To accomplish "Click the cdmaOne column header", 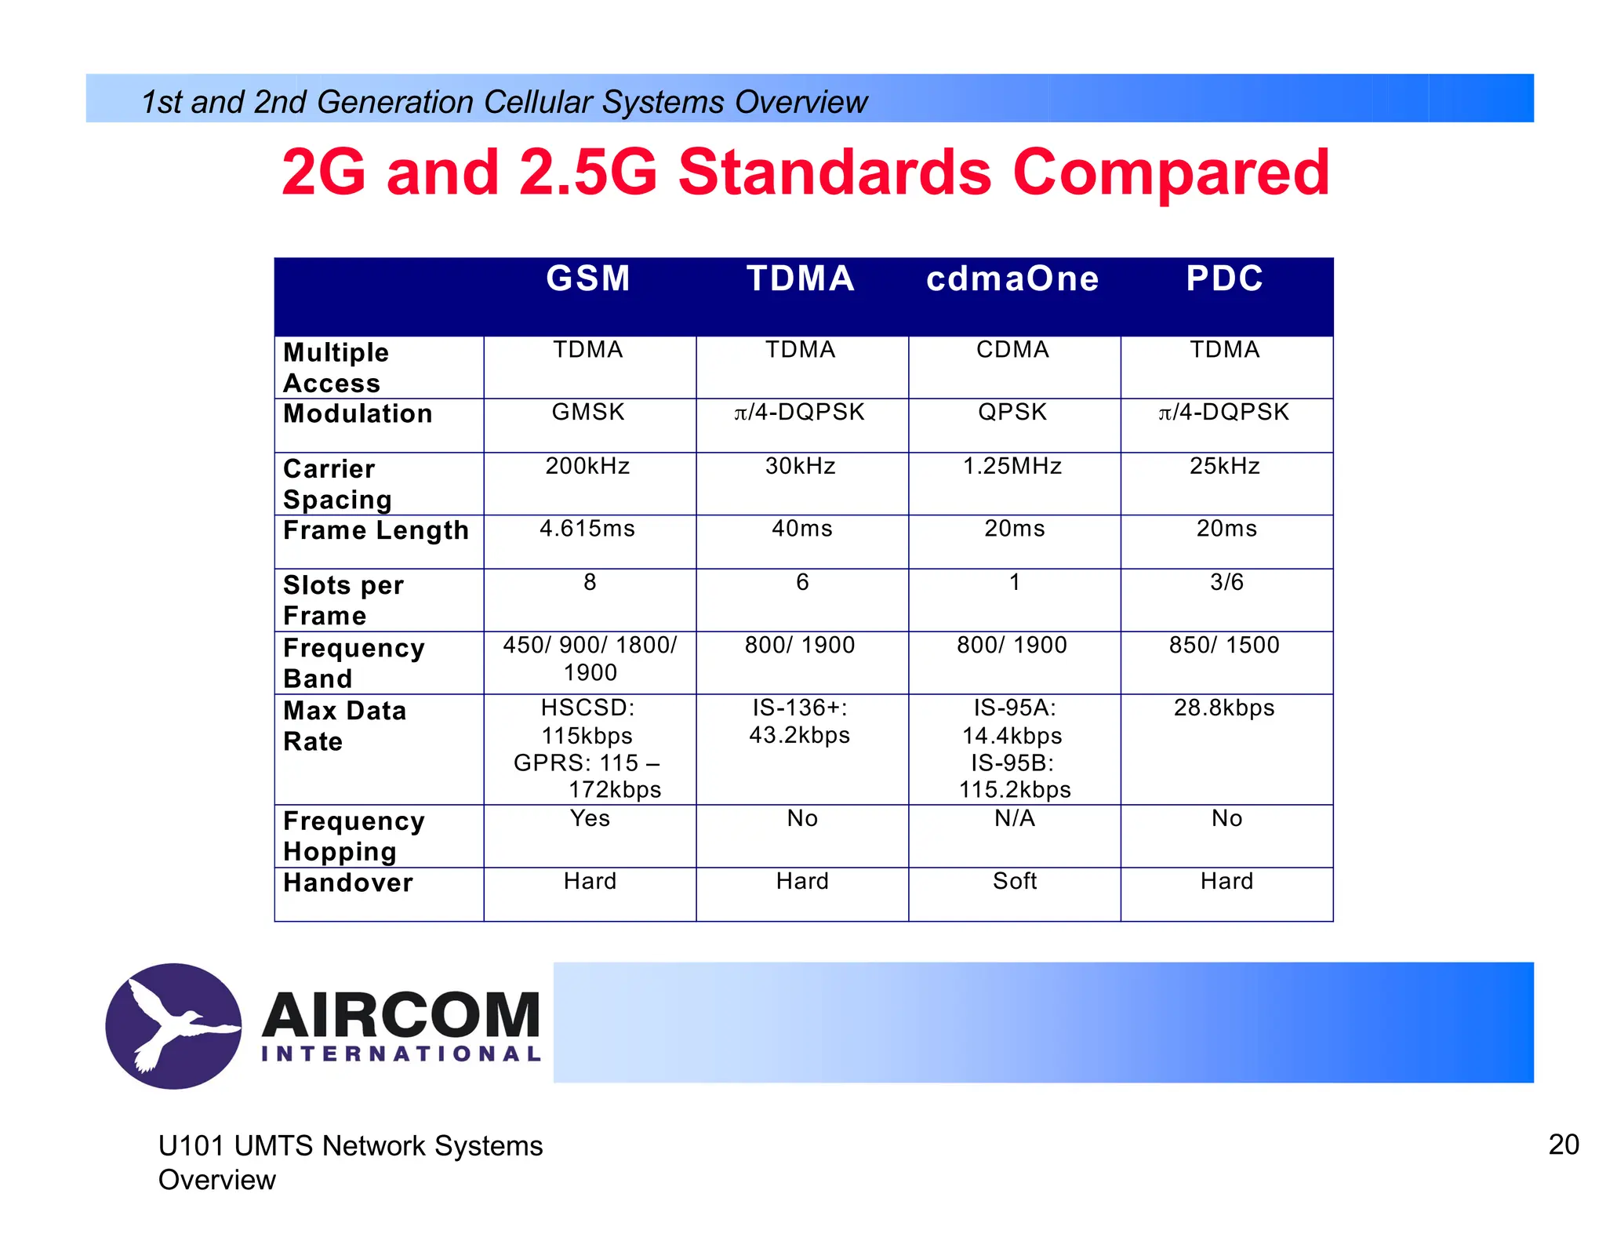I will pyautogui.click(x=1012, y=279).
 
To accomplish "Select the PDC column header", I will pyautogui.click(x=1224, y=279).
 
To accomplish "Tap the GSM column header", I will pyautogui.click(x=588, y=279).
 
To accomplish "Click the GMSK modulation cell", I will pyautogui.click(x=588, y=412).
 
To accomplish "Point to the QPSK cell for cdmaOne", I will pyautogui.click(x=1012, y=412).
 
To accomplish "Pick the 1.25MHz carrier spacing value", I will pyautogui.click(x=1012, y=466).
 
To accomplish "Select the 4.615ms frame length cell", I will pyautogui.click(x=587, y=529).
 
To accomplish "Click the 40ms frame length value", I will pyautogui.click(x=801, y=529).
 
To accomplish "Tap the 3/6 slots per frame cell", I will pyautogui.click(x=1226, y=582).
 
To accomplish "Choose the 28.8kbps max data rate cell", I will pyautogui.click(x=1224, y=708).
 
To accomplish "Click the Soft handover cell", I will pyautogui.click(x=1015, y=881).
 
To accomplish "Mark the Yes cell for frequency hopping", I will pyautogui.click(x=590, y=818).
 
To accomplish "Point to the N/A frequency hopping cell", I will pyautogui.click(x=1015, y=818).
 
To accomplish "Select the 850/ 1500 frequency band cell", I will pyautogui.click(x=1224, y=645).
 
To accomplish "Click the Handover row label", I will pyautogui.click(x=348, y=883).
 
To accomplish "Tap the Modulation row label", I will pyautogui.click(x=358, y=413).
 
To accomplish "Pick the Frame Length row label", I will pyautogui.click(x=376, y=530).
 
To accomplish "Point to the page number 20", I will pyautogui.click(x=1563, y=1145).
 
